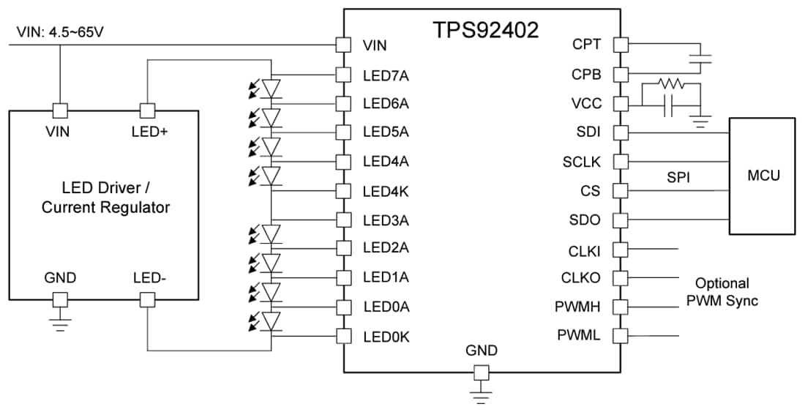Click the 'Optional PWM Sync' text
click(722, 291)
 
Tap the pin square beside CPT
click(621, 45)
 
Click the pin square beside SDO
click(621, 220)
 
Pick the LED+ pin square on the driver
click(148, 111)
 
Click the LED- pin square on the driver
click(148, 299)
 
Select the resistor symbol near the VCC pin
click(670, 84)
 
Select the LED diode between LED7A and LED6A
click(272, 89)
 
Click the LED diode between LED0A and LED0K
click(272, 321)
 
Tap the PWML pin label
click(579, 336)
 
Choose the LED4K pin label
click(386, 191)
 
